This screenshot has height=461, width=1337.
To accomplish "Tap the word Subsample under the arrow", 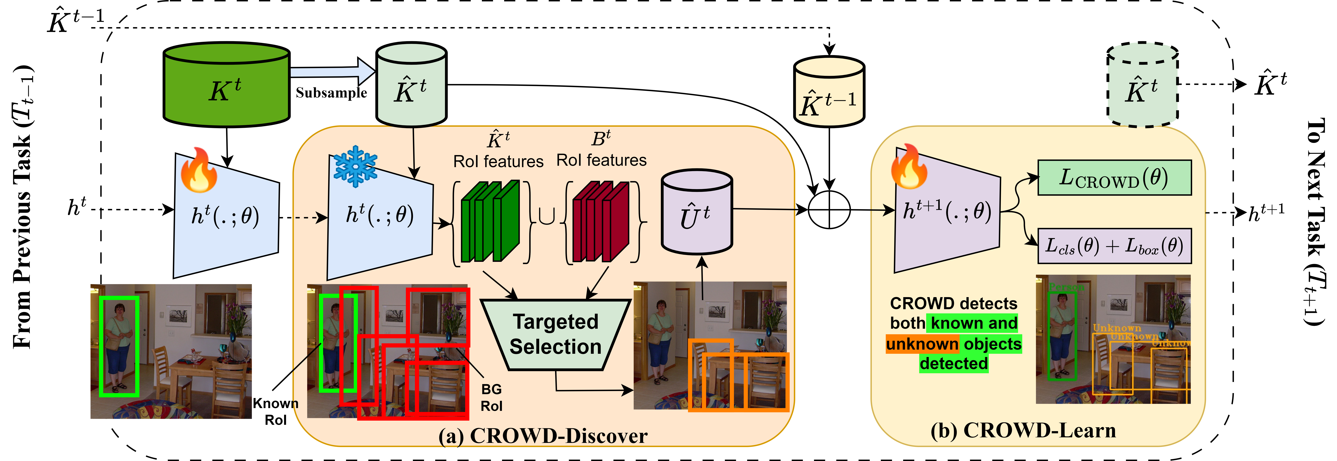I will (x=331, y=93).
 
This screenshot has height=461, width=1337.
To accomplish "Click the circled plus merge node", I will (x=829, y=210).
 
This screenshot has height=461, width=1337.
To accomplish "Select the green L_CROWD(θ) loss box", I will (x=1114, y=177).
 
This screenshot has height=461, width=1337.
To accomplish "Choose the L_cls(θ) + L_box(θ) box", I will (x=1114, y=246).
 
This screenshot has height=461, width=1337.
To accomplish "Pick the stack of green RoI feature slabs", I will (x=491, y=221).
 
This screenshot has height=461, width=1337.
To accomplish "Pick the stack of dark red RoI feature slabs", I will (x=601, y=221).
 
